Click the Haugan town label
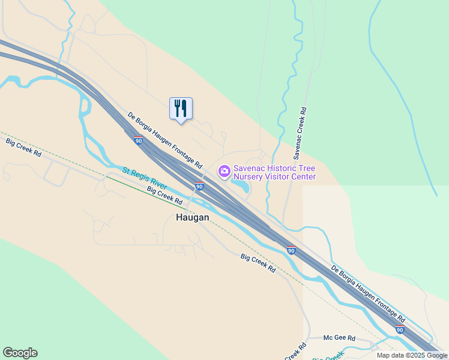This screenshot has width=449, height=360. pyautogui.click(x=192, y=218)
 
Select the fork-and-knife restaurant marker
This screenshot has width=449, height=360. pyautogui.click(x=181, y=109)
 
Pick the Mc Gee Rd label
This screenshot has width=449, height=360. pyautogui.click(x=340, y=338)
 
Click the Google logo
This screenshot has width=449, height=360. pyautogui.click(x=20, y=353)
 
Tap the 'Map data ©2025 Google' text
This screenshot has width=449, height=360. pyautogui.click(x=412, y=355)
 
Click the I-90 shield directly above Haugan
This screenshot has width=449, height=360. pyautogui.click(x=199, y=186)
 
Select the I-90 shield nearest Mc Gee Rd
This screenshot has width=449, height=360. pyautogui.click(x=400, y=329)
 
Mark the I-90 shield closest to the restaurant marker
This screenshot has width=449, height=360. pyautogui.click(x=139, y=140)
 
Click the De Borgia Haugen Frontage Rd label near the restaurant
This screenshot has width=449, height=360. pyautogui.click(x=164, y=139)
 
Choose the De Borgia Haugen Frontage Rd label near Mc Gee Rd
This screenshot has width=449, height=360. pyautogui.click(x=368, y=292)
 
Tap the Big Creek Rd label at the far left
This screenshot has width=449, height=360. pyautogui.click(x=23, y=147)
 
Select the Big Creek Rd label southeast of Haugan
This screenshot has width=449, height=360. pyautogui.click(x=258, y=263)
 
